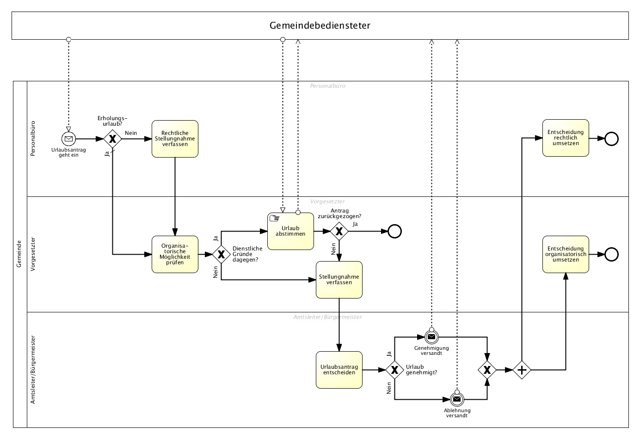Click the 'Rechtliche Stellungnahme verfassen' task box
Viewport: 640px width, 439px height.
pyautogui.click(x=175, y=139)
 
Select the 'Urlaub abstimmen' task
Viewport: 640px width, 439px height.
pyautogui.click(x=290, y=231)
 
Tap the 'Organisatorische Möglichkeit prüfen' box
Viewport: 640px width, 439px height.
pyautogui.click(x=175, y=254)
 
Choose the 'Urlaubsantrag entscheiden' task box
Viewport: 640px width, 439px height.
pyautogui.click(x=339, y=370)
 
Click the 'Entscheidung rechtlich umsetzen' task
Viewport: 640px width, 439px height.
pyautogui.click(x=566, y=138)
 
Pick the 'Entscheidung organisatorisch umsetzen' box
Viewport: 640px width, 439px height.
pyautogui.click(x=566, y=254)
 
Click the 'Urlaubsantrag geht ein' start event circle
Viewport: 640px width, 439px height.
pyautogui.click(x=68, y=139)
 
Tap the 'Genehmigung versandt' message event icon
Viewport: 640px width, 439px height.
pyautogui.click(x=431, y=337)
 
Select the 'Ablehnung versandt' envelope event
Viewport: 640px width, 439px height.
pyautogui.click(x=457, y=399)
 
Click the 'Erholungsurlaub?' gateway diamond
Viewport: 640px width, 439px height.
pyautogui.click(x=112, y=139)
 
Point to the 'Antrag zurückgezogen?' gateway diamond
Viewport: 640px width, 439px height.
pyautogui.click(x=339, y=231)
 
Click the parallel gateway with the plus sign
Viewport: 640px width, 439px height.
pyautogui.click(x=522, y=370)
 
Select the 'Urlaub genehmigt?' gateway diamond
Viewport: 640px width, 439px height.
pyautogui.click(x=394, y=370)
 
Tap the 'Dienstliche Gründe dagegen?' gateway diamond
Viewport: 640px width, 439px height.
pyautogui.click(x=221, y=254)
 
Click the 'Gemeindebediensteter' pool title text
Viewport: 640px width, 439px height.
pyautogui.click(x=320, y=25)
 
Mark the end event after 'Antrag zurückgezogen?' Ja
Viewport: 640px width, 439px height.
pyautogui.click(x=394, y=231)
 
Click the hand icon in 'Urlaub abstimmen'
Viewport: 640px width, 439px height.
pyautogui.click(x=274, y=219)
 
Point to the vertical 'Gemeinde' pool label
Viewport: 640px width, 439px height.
pyautogui.click(x=19, y=254)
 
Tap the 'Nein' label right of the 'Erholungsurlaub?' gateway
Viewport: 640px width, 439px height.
pyautogui.click(x=131, y=133)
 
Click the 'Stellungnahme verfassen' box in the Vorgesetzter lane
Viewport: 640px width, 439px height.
pyautogui.click(x=339, y=280)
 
